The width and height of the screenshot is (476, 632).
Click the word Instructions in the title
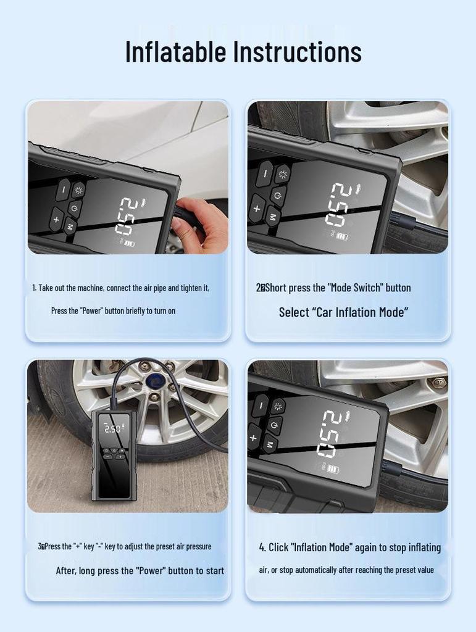point(298,52)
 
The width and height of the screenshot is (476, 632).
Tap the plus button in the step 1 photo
point(57,218)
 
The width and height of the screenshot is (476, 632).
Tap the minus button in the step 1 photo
point(63,189)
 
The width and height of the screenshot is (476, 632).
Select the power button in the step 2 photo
point(277,196)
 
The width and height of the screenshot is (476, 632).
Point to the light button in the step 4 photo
point(277,406)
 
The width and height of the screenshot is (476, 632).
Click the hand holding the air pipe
point(201,226)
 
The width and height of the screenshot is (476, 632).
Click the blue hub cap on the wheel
point(155,380)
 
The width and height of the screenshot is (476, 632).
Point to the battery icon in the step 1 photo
point(130,244)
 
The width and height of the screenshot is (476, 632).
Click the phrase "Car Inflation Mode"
point(344,312)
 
